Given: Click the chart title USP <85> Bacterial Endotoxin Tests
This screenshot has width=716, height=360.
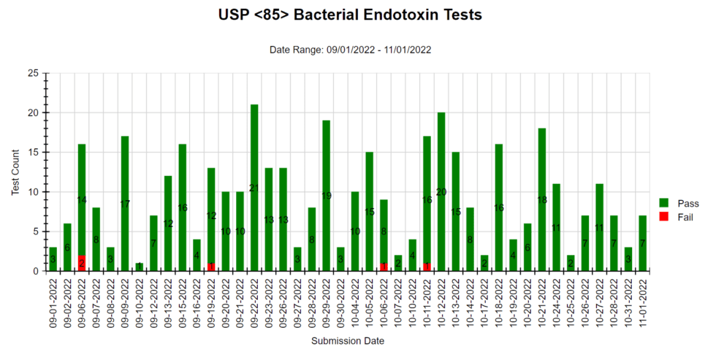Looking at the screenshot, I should tap(350, 15).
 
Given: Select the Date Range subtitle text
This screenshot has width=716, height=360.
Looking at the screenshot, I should tap(350, 50).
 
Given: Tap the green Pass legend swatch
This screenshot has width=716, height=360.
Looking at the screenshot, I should tap(663, 202).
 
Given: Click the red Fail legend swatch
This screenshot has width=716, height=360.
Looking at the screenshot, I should tap(663, 216).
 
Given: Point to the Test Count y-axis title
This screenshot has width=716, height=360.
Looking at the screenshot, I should tap(15, 172).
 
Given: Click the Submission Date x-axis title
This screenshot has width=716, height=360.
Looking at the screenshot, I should tap(348, 341).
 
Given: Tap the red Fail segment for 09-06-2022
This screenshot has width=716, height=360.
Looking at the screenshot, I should tap(82, 263).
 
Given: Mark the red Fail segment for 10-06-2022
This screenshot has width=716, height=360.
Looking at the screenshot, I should tap(384, 267).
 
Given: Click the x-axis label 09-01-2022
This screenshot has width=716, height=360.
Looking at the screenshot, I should tap(53, 302).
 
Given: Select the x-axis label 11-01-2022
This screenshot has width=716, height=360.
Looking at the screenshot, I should tap(642, 302).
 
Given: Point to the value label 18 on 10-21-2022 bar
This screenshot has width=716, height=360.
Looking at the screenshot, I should tap(542, 200).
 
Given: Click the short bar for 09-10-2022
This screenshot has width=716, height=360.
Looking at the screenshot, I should tap(140, 267).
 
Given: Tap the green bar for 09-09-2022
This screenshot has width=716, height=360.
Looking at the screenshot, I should tap(125, 204).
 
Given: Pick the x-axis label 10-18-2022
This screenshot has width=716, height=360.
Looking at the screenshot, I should tap(499, 302).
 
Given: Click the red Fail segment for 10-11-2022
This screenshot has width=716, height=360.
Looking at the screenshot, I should tap(427, 267).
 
